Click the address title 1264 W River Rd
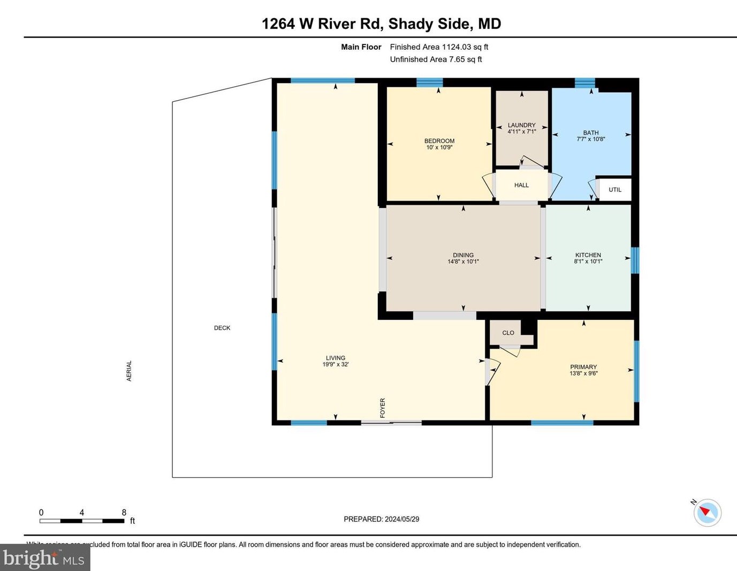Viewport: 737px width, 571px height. [381, 24]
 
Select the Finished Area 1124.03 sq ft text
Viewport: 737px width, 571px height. [439, 47]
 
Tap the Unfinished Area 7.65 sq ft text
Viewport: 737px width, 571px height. [436, 59]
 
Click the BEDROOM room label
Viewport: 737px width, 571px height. [439, 141]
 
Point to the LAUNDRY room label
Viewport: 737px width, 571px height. [521, 125]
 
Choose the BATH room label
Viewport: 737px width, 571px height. [591, 133]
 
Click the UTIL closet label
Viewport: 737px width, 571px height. [615, 190]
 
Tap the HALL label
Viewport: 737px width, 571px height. [521, 185]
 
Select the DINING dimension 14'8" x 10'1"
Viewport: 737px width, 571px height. [463, 262]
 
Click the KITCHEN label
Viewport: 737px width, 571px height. [588, 255]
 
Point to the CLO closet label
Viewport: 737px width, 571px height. [508, 333]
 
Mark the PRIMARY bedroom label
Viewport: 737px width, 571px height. [583, 367]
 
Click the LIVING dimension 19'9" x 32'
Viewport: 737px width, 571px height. [336, 364]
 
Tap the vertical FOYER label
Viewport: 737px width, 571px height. [383, 408]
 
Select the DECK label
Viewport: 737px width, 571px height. [222, 328]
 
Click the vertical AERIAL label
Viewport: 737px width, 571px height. [129, 371]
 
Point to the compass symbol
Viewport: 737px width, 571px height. [707, 512]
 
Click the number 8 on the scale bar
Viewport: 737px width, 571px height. [124, 513]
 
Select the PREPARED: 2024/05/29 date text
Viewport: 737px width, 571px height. [381, 519]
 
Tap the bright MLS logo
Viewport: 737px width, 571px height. [45, 558]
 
